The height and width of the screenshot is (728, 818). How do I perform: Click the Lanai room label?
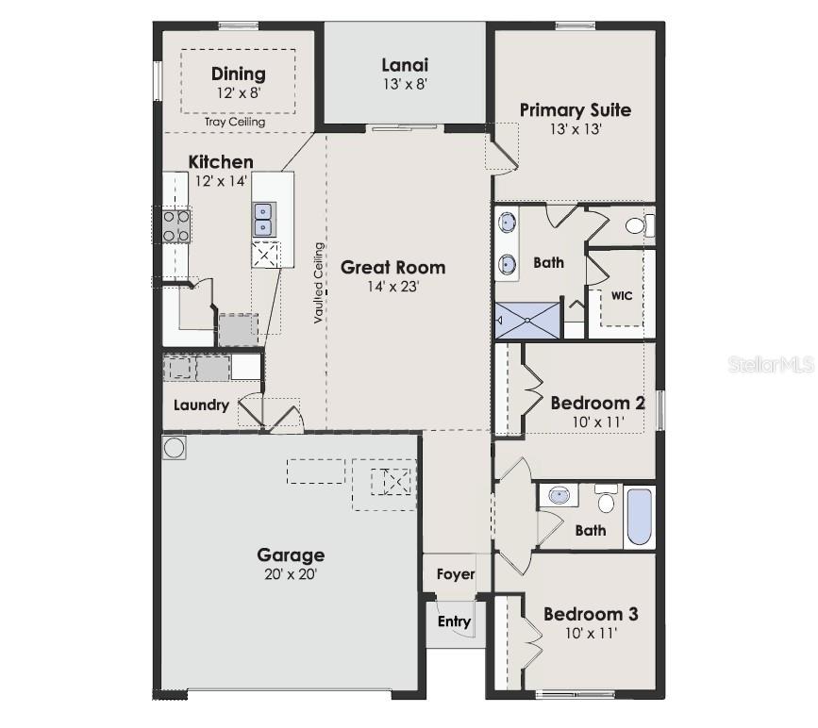tap(405, 65)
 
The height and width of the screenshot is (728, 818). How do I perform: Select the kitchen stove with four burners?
tap(175, 225)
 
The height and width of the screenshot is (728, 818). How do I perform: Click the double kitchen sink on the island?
tap(263, 220)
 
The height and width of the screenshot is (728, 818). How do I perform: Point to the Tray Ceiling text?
tap(235, 122)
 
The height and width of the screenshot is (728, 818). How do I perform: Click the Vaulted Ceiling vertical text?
tap(319, 284)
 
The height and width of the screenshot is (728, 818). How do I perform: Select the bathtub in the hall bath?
tap(639, 516)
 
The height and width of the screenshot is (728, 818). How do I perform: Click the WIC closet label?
tap(621, 295)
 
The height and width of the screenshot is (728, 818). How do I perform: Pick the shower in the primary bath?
tap(526, 322)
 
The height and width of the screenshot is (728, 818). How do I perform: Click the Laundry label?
tap(201, 405)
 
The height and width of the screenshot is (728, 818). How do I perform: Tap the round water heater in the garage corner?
tap(175, 447)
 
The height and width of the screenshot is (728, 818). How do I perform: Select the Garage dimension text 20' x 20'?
tap(291, 573)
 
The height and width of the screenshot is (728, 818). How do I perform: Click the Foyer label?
tap(456, 573)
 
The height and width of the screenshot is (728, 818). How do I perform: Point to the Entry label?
tap(454, 621)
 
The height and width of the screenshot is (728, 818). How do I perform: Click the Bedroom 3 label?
tap(591, 614)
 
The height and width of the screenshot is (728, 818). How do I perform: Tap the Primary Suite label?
tap(576, 110)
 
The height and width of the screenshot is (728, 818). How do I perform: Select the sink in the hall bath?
tap(561, 494)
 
